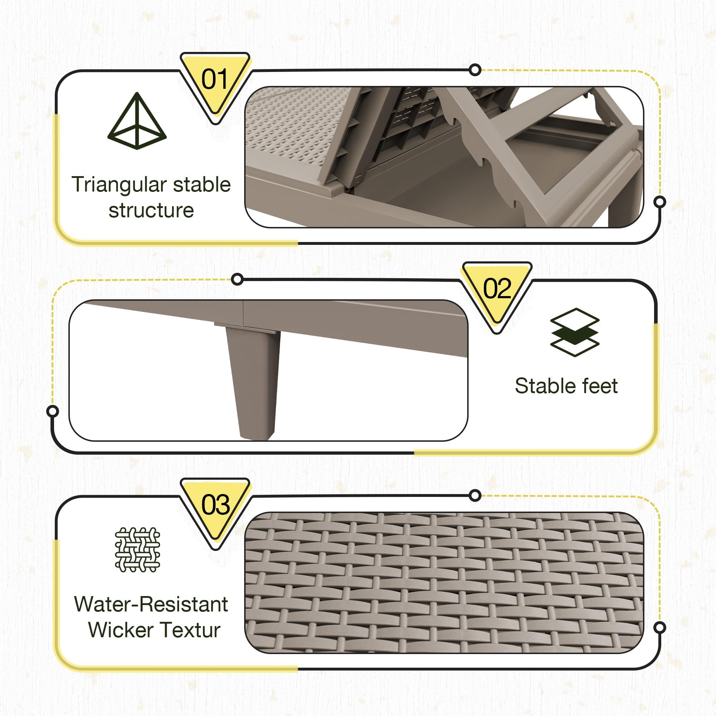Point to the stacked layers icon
click(x=575, y=333)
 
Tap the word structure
click(x=151, y=211)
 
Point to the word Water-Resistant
click(x=151, y=604)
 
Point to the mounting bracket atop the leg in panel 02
click(x=246, y=328)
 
